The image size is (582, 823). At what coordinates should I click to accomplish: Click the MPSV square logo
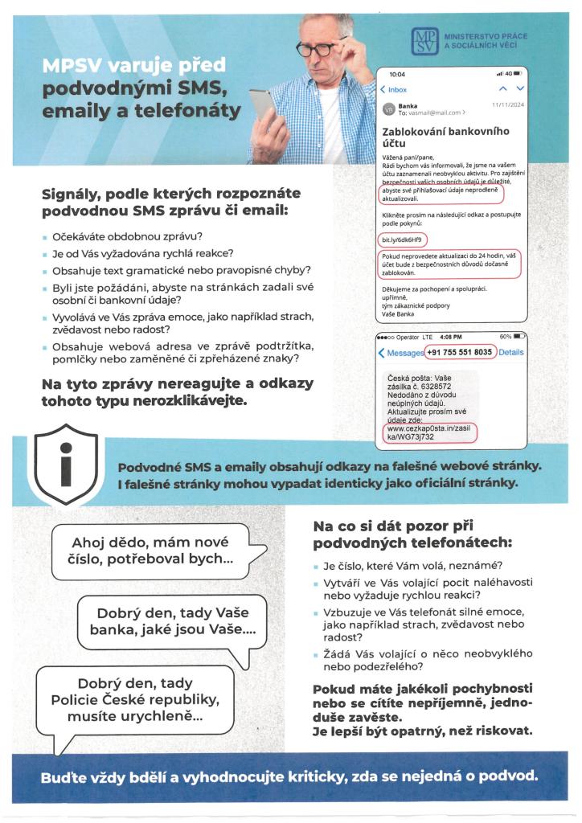[x=424, y=42]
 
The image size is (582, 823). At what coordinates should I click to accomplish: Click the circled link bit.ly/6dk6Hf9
[x=403, y=240]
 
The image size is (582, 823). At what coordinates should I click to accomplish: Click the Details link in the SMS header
[x=511, y=352]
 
